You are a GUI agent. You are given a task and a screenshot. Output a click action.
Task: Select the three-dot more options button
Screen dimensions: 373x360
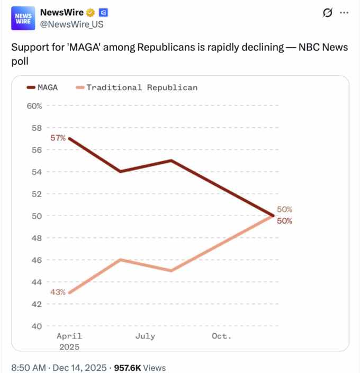click(x=344, y=12)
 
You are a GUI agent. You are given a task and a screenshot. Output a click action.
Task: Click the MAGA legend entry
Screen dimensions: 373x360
click(x=42, y=87)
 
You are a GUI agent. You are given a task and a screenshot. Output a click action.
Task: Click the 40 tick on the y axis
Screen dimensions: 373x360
click(x=37, y=326)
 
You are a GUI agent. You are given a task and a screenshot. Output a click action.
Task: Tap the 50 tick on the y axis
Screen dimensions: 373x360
click(x=37, y=216)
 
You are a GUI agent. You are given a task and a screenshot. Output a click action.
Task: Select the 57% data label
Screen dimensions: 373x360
click(x=58, y=138)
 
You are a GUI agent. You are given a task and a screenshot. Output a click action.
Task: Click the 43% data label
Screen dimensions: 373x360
click(x=58, y=292)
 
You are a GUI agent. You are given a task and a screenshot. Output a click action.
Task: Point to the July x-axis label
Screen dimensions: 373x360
click(x=145, y=336)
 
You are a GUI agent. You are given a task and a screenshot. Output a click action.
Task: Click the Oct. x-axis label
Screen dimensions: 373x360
click(x=221, y=336)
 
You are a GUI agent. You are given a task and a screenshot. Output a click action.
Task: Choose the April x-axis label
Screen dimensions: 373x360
click(x=69, y=336)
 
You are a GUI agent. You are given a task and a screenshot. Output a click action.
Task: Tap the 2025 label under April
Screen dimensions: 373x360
click(x=69, y=347)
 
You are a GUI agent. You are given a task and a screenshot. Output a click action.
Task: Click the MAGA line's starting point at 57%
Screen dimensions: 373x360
click(x=69, y=139)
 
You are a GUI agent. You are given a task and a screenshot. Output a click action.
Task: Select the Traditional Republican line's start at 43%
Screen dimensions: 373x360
click(x=69, y=293)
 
